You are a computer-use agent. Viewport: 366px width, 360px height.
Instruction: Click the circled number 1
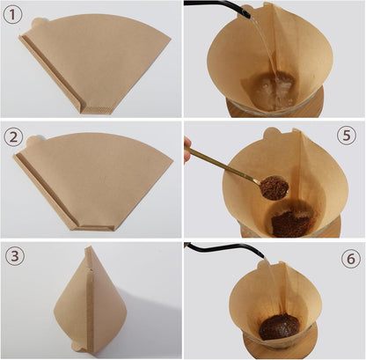tap(14, 14)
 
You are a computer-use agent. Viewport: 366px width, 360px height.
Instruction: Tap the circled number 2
tap(14, 136)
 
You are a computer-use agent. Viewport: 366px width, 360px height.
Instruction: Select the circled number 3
tap(14, 257)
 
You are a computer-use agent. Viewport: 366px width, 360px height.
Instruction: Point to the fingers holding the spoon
tap(187, 151)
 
